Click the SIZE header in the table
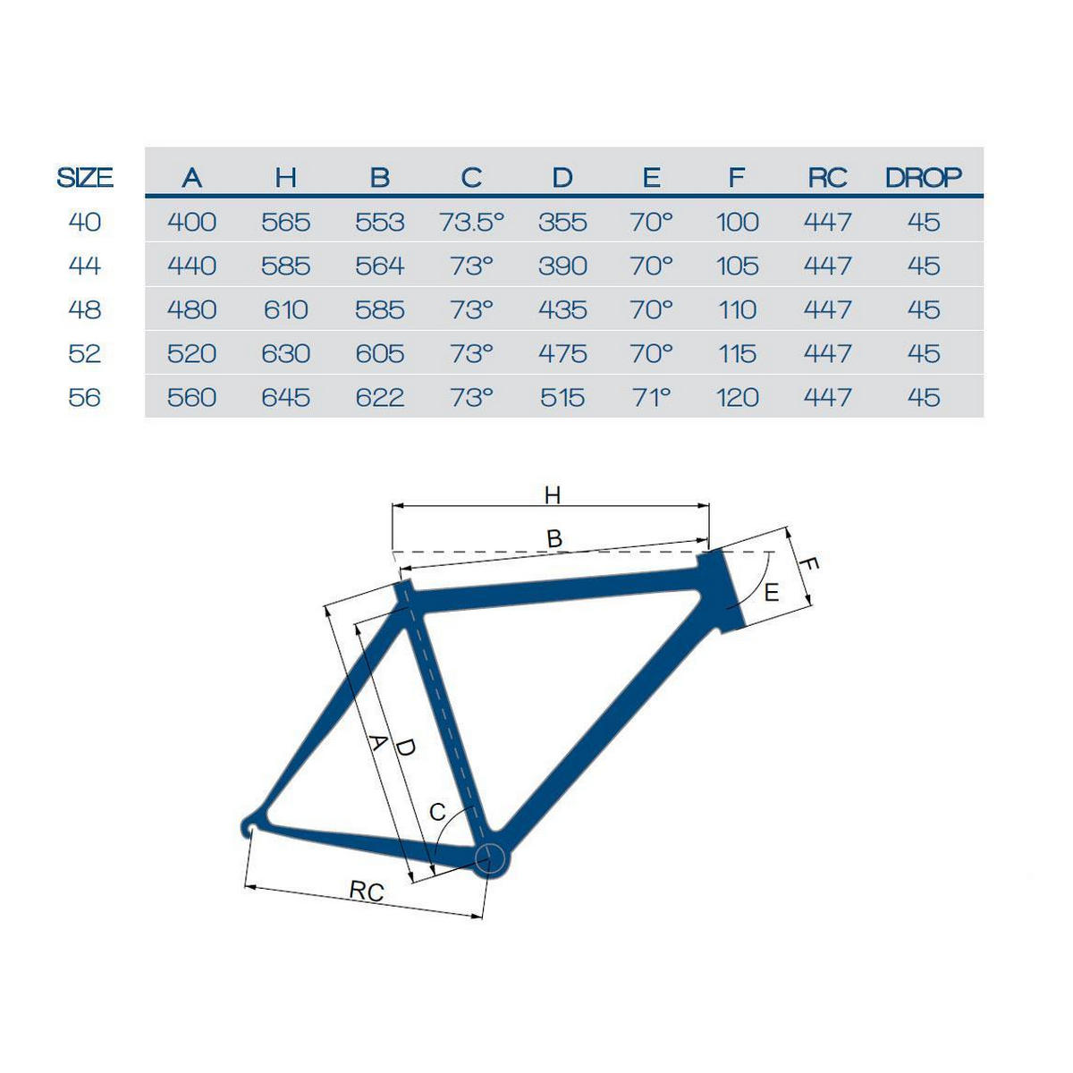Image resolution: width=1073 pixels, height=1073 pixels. [x=85, y=178]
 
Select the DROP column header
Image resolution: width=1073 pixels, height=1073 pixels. [x=923, y=178]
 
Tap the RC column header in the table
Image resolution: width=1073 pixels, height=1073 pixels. [x=827, y=178]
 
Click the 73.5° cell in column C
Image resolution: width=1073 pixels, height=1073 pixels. [x=471, y=222]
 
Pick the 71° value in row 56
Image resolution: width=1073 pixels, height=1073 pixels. [x=651, y=398]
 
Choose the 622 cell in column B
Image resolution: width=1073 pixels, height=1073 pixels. [x=380, y=398]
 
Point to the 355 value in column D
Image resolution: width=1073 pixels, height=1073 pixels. [x=562, y=222]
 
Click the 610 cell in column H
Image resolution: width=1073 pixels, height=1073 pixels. [x=285, y=309]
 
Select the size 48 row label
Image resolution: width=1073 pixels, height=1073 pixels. [x=85, y=309]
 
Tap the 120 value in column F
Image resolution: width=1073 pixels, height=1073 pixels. [x=737, y=398]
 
